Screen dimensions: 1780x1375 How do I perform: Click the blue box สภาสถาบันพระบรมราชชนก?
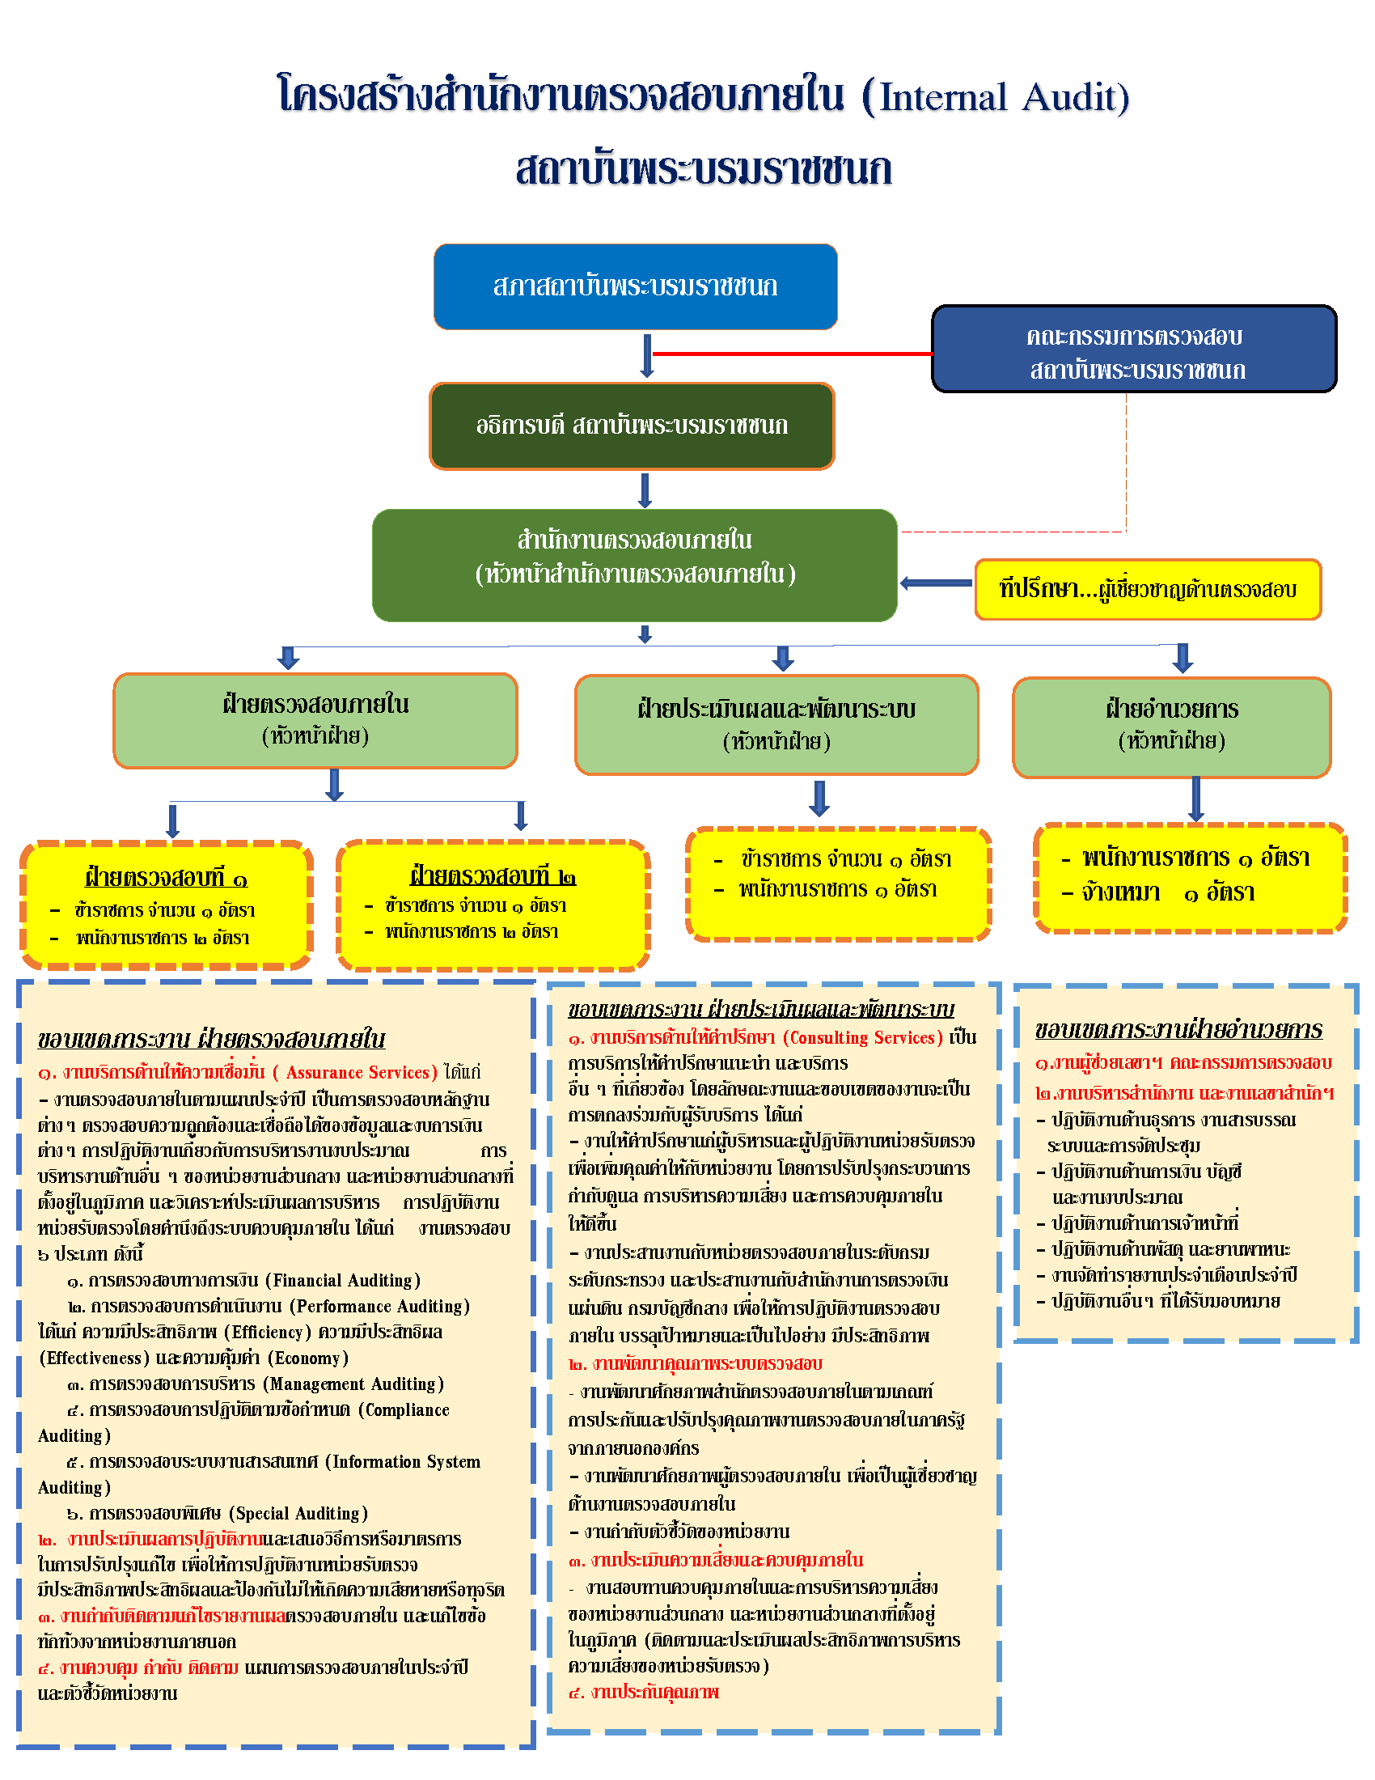point(636,286)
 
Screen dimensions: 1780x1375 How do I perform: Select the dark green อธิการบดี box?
point(632,426)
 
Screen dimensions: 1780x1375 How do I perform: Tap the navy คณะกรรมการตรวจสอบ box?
point(1134,350)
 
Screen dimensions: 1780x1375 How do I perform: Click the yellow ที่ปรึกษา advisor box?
point(1147,589)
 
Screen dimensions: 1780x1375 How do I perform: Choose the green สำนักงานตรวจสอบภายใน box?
point(635,565)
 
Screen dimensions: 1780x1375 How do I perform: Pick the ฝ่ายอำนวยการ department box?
point(1171,727)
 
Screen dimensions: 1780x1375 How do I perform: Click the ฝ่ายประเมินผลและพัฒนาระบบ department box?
point(776,725)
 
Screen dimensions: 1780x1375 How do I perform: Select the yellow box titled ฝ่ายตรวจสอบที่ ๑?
point(166,905)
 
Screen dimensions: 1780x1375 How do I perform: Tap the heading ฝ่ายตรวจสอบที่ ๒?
point(493,876)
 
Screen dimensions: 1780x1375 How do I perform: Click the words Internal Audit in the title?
point(1003,98)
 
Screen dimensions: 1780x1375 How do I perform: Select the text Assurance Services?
point(357,1073)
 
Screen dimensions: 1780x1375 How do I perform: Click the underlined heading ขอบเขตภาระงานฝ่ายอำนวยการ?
point(1178,1029)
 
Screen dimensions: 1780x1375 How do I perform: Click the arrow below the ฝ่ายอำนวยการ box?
point(1195,799)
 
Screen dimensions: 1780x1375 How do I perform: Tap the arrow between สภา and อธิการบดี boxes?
point(647,355)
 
